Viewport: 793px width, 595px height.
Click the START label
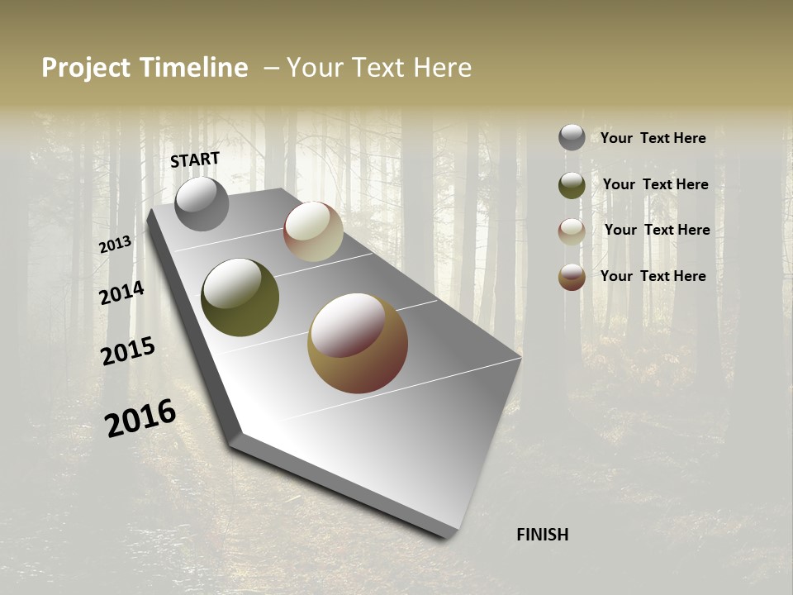pyautogui.click(x=195, y=159)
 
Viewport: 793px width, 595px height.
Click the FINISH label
pyautogui.click(x=542, y=535)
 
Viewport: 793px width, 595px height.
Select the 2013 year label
pyautogui.click(x=115, y=244)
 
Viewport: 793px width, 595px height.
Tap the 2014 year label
pyautogui.click(x=121, y=293)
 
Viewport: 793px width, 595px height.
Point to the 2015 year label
pyautogui.click(x=128, y=351)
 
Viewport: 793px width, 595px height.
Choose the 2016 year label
pyautogui.click(x=140, y=418)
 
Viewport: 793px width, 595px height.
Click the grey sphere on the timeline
pyautogui.click(x=202, y=203)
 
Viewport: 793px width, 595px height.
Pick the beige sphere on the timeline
pyautogui.click(x=313, y=231)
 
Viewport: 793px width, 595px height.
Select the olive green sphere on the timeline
pyautogui.click(x=240, y=297)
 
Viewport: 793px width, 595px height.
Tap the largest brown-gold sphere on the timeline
pyautogui.click(x=357, y=343)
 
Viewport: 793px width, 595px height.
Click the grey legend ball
pyautogui.click(x=572, y=137)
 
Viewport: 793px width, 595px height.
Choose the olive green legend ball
pyautogui.click(x=572, y=185)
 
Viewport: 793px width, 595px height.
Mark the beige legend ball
pyautogui.click(x=572, y=231)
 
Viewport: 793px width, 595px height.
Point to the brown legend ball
pyautogui.click(x=572, y=277)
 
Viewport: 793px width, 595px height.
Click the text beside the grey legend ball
pyautogui.click(x=653, y=138)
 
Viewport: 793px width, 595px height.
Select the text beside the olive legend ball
pyautogui.click(x=655, y=184)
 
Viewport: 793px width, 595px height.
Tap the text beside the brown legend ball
pyautogui.click(x=653, y=276)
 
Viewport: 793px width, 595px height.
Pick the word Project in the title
pyautogui.click(x=87, y=68)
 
